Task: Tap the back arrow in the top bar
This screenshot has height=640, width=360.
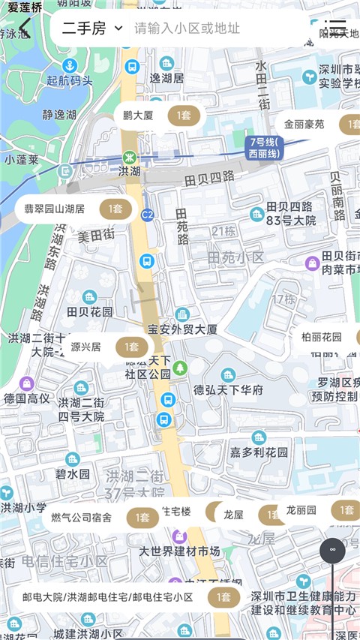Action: [x=25, y=29]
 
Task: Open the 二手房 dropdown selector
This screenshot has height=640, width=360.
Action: [x=91, y=29]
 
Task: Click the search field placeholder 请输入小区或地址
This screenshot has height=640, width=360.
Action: [x=187, y=29]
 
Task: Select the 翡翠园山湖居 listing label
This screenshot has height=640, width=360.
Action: [x=54, y=209]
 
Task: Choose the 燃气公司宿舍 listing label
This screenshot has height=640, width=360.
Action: [x=81, y=517]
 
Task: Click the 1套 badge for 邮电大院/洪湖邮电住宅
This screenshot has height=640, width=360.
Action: [x=223, y=597]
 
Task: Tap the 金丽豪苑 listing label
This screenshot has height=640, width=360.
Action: [x=304, y=125]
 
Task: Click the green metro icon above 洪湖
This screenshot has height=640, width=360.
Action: [x=129, y=158]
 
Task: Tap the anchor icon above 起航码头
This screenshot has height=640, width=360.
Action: [x=69, y=66]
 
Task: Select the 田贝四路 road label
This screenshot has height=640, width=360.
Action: [x=208, y=178]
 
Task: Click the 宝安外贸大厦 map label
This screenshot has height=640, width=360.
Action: [x=183, y=329]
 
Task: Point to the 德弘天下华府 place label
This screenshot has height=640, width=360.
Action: [x=229, y=390]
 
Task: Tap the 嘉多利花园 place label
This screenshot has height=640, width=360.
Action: [x=259, y=452]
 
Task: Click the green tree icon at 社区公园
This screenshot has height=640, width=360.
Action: [x=180, y=368]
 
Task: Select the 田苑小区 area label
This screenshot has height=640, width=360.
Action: [x=237, y=257]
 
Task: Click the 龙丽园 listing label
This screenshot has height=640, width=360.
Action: [x=301, y=510]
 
